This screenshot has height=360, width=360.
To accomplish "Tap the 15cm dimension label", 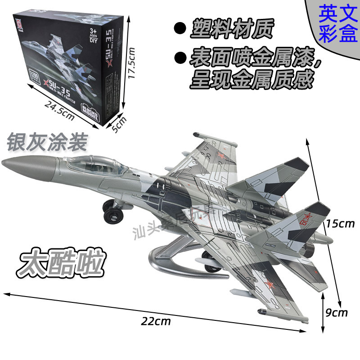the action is point(340,223).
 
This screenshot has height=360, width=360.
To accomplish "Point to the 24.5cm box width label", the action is point(59,110).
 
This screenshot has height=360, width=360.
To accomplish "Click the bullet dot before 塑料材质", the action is point(180,28).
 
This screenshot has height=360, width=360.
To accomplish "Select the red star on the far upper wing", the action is point(220,156).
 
